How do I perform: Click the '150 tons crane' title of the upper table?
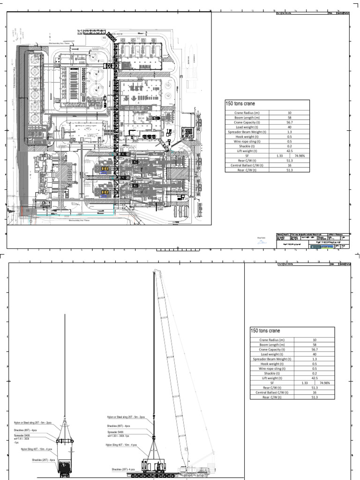[240, 104]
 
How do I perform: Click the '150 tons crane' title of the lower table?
[266, 331]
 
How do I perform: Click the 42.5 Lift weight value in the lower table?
[314, 378]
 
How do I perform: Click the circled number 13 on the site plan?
[168, 86]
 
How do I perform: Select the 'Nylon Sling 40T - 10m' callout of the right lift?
[122, 444]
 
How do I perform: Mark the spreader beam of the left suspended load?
[65, 441]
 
